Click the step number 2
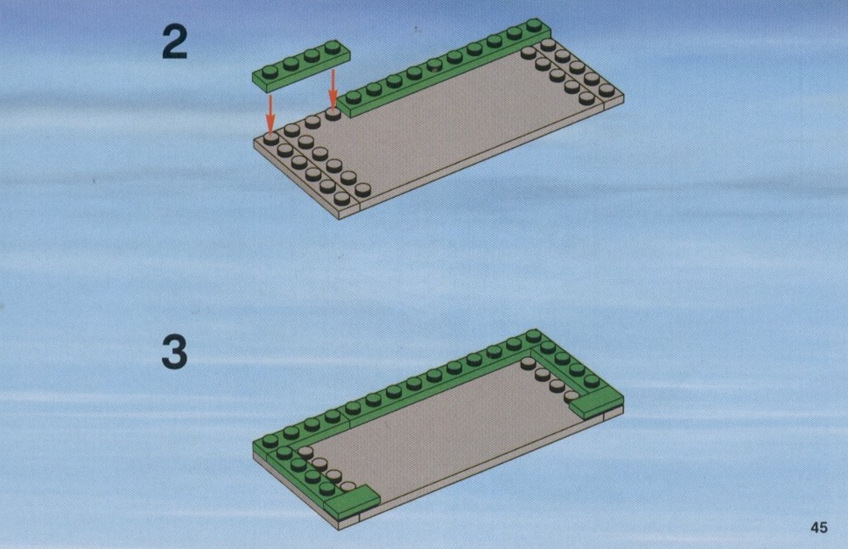click(175, 42)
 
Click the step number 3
click(175, 352)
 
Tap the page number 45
click(819, 527)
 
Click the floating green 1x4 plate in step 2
click(302, 64)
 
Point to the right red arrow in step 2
click(333, 89)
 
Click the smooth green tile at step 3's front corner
click(352, 499)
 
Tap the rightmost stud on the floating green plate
click(333, 46)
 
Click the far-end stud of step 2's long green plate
click(534, 25)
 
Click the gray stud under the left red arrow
click(271, 138)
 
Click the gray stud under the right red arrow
click(333, 114)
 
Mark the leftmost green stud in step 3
click(270, 440)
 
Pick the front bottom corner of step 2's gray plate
click(340, 219)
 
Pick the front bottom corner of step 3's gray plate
click(340, 529)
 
